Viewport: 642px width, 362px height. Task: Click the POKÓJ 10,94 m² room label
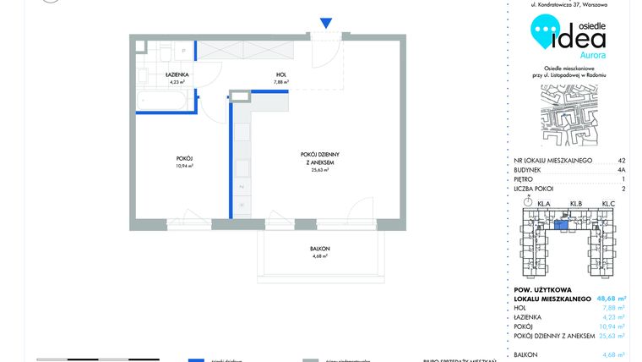pos(185,162)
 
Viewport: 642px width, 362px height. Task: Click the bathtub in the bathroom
pos(166,101)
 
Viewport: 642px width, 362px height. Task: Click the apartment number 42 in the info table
pos(621,160)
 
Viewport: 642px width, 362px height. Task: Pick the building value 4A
pos(621,170)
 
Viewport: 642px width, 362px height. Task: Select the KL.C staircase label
pos(608,204)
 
